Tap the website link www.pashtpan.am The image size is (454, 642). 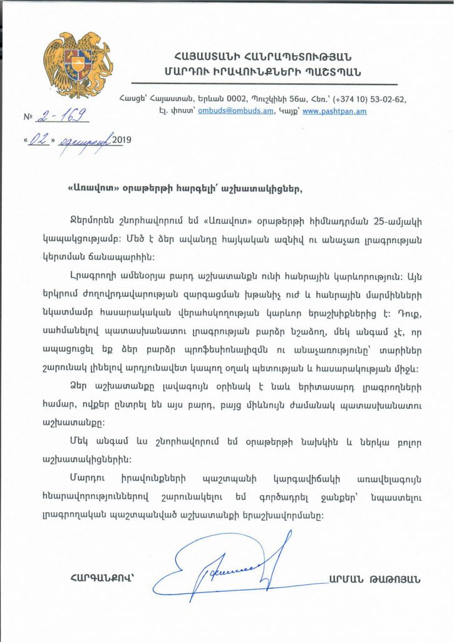[336, 111]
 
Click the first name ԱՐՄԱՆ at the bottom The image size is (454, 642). [345, 580]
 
